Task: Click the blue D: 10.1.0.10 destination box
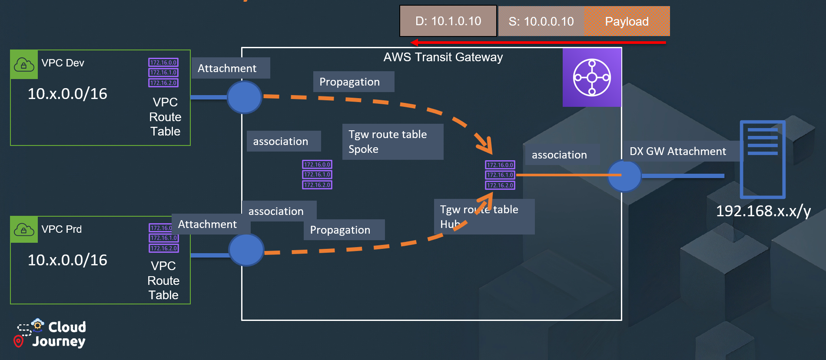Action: point(448,21)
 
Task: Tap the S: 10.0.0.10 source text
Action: point(541,21)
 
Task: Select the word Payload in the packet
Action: point(627,21)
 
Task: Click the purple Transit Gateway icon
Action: point(592,77)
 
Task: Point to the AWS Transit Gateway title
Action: point(443,57)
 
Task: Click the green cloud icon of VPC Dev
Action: point(24,65)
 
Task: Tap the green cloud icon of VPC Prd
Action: point(24,229)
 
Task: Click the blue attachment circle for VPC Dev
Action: point(244,97)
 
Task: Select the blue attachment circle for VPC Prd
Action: point(246,250)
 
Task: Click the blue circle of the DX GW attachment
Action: point(624,176)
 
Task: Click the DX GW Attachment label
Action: point(677,151)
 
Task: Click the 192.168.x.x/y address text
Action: point(763,211)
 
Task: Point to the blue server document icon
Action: point(763,159)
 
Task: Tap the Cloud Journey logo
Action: point(51,334)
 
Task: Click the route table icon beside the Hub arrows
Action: point(500,175)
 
